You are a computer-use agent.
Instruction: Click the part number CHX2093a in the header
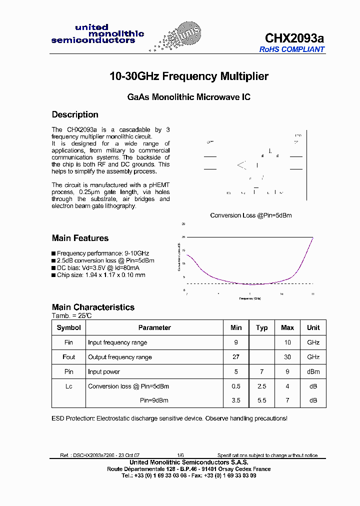click(294, 38)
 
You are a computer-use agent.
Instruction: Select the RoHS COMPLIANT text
click(291, 49)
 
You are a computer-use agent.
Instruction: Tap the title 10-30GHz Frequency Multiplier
click(189, 76)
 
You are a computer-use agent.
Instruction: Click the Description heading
click(75, 114)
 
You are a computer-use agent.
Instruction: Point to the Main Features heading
click(80, 238)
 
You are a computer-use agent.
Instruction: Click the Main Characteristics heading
click(93, 307)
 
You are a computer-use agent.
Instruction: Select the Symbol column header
click(69, 328)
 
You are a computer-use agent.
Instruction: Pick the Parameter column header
click(154, 328)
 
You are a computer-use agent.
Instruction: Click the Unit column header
click(313, 328)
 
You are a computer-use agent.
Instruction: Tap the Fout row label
click(69, 357)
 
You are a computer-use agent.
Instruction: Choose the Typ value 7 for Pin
click(261, 371)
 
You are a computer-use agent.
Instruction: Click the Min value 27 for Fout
click(236, 357)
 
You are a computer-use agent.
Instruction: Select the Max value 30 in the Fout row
click(287, 357)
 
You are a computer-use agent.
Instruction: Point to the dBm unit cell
click(313, 371)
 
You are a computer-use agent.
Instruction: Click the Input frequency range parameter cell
click(117, 342)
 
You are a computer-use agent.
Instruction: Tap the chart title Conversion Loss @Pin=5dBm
click(250, 215)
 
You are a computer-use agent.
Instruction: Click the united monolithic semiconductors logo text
click(97, 34)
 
